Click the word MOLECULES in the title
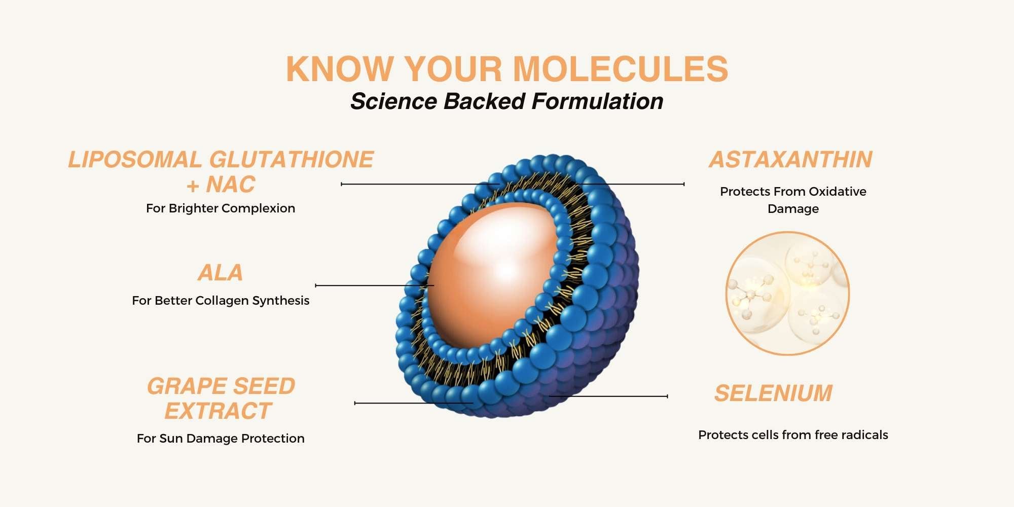(x=621, y=68)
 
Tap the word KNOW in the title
(x=340, y=68)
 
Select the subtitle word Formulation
(x=598, y=101)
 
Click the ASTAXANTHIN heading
(x=790, y=159)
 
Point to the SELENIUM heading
(x=773, y=393)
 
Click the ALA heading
(x=220, y=273)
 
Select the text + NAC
(x=221, y=184)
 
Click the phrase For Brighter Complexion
(x=221, y=208)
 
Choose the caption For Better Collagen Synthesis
(x=221, y=301)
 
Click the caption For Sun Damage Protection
(x=221, y=439)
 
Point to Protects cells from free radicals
(x=793, y=435)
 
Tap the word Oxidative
(x=837, y=192)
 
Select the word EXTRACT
(x=218, y=411)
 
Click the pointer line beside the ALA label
(x=375, y=285)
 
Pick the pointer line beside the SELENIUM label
(x=608, y=396)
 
